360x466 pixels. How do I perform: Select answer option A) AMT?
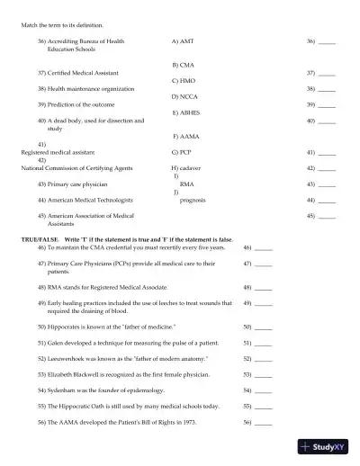(182, 41)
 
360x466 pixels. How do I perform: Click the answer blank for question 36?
(327, 42)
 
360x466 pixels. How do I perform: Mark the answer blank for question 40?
(327, 121)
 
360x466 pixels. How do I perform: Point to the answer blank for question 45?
(327, 217)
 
